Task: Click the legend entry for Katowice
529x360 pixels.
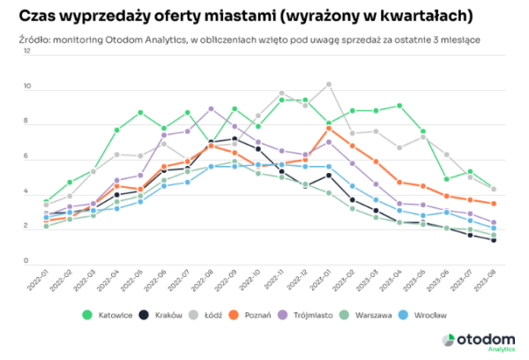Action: [108, 315]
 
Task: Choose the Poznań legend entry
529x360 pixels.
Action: [261, 315]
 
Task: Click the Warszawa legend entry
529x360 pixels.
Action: [382, 315]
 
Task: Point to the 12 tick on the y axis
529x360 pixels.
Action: [28, 52]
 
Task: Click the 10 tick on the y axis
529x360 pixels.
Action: [28, 87]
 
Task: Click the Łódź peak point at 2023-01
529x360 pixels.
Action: [329, 84]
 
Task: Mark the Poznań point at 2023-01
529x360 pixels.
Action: [329, 128]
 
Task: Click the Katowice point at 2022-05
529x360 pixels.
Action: [140, 112]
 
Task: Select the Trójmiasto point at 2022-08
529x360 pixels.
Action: [211, 109]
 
